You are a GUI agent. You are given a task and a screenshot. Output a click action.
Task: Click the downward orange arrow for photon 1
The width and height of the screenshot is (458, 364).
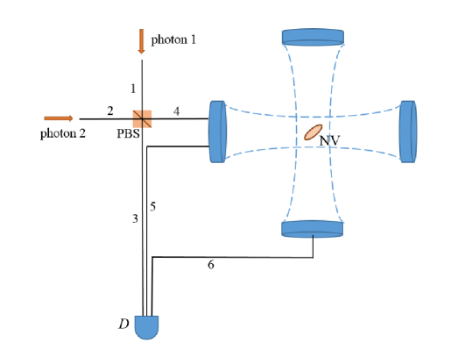pos(141,41)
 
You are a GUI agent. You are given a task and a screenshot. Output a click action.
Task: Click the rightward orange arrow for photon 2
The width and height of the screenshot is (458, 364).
pos(59,118)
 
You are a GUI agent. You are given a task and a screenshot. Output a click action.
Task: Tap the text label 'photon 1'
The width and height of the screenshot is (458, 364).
pos(173,40)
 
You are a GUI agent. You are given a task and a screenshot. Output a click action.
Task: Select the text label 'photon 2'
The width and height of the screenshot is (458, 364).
pos(63,133)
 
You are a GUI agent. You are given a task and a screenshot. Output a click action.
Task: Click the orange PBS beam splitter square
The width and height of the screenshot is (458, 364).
pos(142,118)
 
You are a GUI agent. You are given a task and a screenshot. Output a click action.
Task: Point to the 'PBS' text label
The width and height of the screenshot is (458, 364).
pos(128,133)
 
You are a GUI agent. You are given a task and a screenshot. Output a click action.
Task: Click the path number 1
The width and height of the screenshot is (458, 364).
pos(133,89)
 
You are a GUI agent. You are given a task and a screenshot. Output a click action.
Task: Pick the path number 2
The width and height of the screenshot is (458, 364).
pos(110,111)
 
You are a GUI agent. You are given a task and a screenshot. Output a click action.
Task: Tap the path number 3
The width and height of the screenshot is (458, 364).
pos(135,218)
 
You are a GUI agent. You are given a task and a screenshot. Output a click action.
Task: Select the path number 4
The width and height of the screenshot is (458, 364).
pos(176,111)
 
